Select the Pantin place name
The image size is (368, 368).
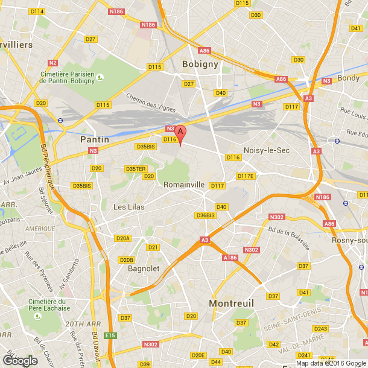95,139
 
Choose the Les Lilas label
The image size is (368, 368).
128,206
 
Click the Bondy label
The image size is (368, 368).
349,78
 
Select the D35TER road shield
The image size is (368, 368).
135,169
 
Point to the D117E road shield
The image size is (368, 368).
246,176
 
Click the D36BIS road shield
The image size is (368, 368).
205,215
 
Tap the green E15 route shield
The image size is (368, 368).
109,335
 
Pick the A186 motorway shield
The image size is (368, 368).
230,258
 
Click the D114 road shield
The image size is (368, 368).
37,11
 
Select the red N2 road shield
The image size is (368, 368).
53,62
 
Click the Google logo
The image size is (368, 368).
20,361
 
